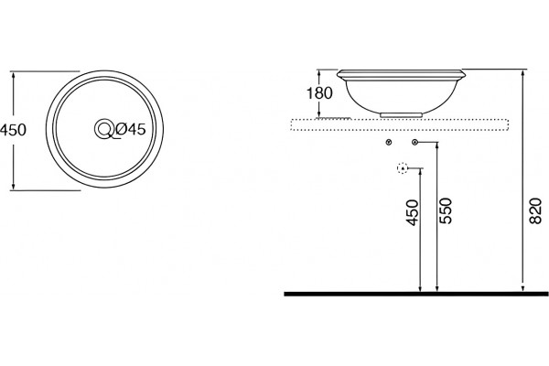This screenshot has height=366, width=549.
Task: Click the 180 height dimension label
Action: (319, 93)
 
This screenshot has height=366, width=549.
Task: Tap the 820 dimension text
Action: (535, 210)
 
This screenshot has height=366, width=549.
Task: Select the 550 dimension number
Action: (447, 210)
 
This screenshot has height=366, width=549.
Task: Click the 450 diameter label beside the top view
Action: (13, 130)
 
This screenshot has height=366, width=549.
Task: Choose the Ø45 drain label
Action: (130, 130)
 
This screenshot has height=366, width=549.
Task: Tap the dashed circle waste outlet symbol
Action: (403, 168)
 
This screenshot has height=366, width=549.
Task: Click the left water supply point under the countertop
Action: (388, 142)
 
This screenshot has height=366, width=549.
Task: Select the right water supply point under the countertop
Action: (415, 142)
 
